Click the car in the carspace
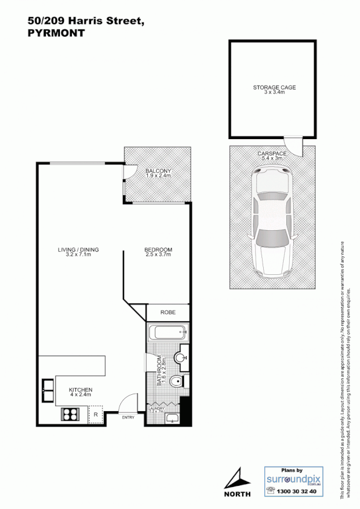[x=272, y=223]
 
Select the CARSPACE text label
[x=271, y=153]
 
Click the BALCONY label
[x=158, y=171]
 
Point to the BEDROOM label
[x=158, y=250]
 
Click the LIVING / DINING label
[x=78, y=250]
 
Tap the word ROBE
[x=168, y=312]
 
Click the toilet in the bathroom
[x=178, y=382]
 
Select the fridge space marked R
[x=96, y=415]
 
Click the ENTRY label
[x=128, y=418]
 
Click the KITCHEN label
[x=80, y=390]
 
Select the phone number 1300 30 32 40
[x=298, y=492]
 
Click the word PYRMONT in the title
[x=56, y=33]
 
